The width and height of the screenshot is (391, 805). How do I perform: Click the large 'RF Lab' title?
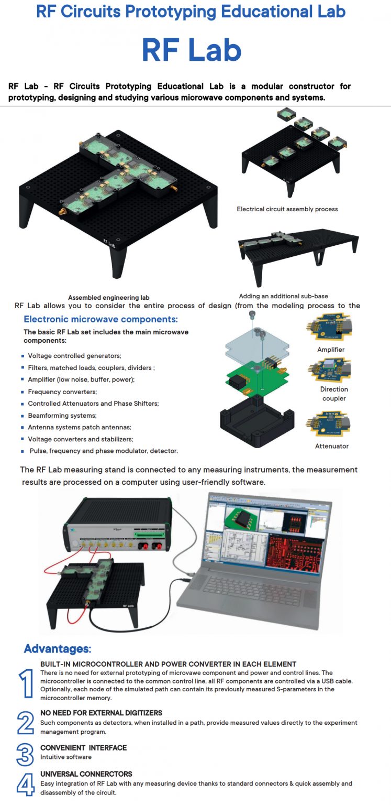coord(192,51)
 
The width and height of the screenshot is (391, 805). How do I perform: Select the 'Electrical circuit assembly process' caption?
coord(287,209)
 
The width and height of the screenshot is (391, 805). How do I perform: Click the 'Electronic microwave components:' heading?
coord(101,319)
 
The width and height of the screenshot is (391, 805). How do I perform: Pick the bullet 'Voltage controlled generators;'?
coord(74,356)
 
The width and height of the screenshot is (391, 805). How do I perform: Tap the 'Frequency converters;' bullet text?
coord(62,391)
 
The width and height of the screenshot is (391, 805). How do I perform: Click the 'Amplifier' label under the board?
coord(331,350)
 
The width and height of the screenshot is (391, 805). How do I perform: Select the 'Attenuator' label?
coord(332,446)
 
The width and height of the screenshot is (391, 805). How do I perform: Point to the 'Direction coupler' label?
coord(334,394)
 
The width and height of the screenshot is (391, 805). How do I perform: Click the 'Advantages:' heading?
coord(58,649)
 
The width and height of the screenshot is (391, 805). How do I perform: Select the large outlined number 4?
coord(25,785)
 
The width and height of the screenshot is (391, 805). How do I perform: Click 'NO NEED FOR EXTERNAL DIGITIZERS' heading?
coord(101,713)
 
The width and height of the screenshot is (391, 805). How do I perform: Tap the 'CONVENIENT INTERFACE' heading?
coord(83,748)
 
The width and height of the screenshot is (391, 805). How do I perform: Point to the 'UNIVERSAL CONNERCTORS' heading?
coord(86,774)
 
